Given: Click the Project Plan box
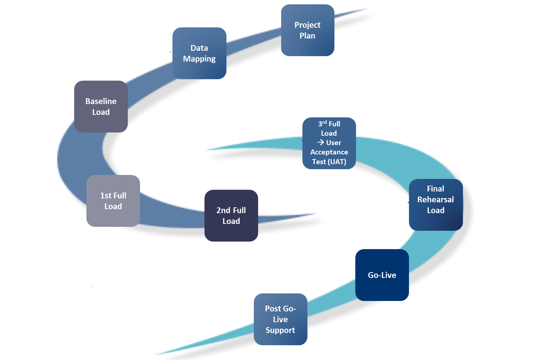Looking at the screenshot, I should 307,31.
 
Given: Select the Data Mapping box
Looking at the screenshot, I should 199,53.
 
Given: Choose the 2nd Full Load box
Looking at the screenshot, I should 231,216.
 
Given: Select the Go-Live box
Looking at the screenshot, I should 382,275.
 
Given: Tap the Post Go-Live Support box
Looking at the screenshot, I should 280,319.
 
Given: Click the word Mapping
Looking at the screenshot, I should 199,59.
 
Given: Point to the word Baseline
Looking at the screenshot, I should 101,101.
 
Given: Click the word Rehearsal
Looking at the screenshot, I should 436,199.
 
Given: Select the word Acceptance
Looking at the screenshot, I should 329,152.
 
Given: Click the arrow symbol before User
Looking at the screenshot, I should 320,142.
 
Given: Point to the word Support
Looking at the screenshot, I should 280,330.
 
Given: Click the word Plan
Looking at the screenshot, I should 307,36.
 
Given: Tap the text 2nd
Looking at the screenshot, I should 223,210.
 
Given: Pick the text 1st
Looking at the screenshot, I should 106,195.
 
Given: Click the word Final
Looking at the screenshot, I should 436,189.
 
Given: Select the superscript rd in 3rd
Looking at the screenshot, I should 324,122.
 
